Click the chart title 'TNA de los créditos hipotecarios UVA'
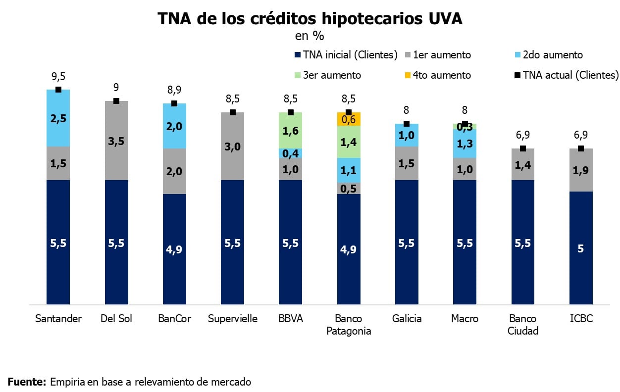tap(310, 19)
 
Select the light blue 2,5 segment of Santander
tap(58, 118)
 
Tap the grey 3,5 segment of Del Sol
tap(116, 141)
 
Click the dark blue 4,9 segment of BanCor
tap(174, 248)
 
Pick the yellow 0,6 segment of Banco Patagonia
tap(349, 119)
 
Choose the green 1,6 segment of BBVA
tap(291, 131)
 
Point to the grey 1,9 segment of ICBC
tap(581, 170)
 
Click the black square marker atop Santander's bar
tap(58, 90)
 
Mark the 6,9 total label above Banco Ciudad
tap(522, 135)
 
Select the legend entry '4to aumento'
tap(440, 75)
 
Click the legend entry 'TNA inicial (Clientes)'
tap(346, 55)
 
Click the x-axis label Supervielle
tap(233, 319)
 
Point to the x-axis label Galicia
tap(407, 319)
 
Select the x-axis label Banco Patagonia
tap(349, 325)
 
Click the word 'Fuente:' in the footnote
tap(27, 382)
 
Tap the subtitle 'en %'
tap(310, 36)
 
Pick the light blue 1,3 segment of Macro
tap(465, 144)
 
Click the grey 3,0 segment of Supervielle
tap(233, 146)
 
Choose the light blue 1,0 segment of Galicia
tap(407, 135)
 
